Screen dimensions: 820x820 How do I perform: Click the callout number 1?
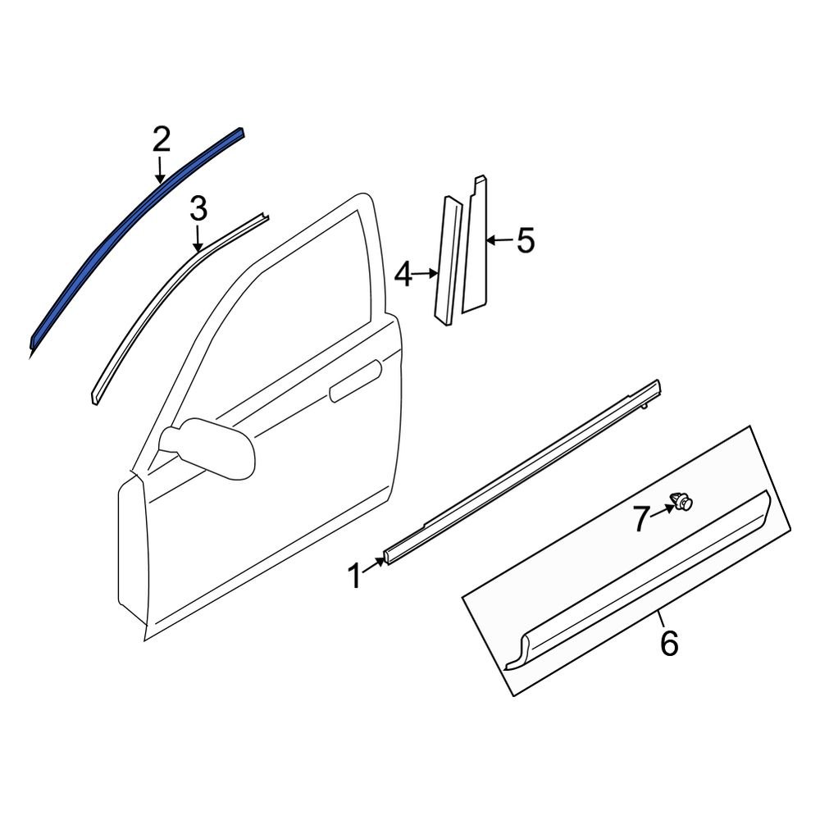pyautogui.click(x=354, y=576)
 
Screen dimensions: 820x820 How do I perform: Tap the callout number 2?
pyautogui.click(x=161, y=140)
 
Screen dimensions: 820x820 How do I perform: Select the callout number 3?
pyautogui.click(x=198, y=210)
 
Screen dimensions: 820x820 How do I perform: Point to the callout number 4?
pyautogui.click(x=403, y=275)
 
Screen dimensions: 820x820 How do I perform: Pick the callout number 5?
pyautogui.click(x=524, y=241)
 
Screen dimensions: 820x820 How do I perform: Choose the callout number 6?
pyautogui.click(x=669, y=644)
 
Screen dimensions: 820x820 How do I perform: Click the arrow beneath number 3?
pyautogui.click(x=198, y=239)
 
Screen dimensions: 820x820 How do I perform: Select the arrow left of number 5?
pyautogui.click(x=499, y=241)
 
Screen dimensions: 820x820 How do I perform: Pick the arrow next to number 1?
pyautogui.click(x=377, y=564)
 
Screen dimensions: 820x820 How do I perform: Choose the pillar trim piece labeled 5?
pyautogui.click(x=476, y=246)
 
